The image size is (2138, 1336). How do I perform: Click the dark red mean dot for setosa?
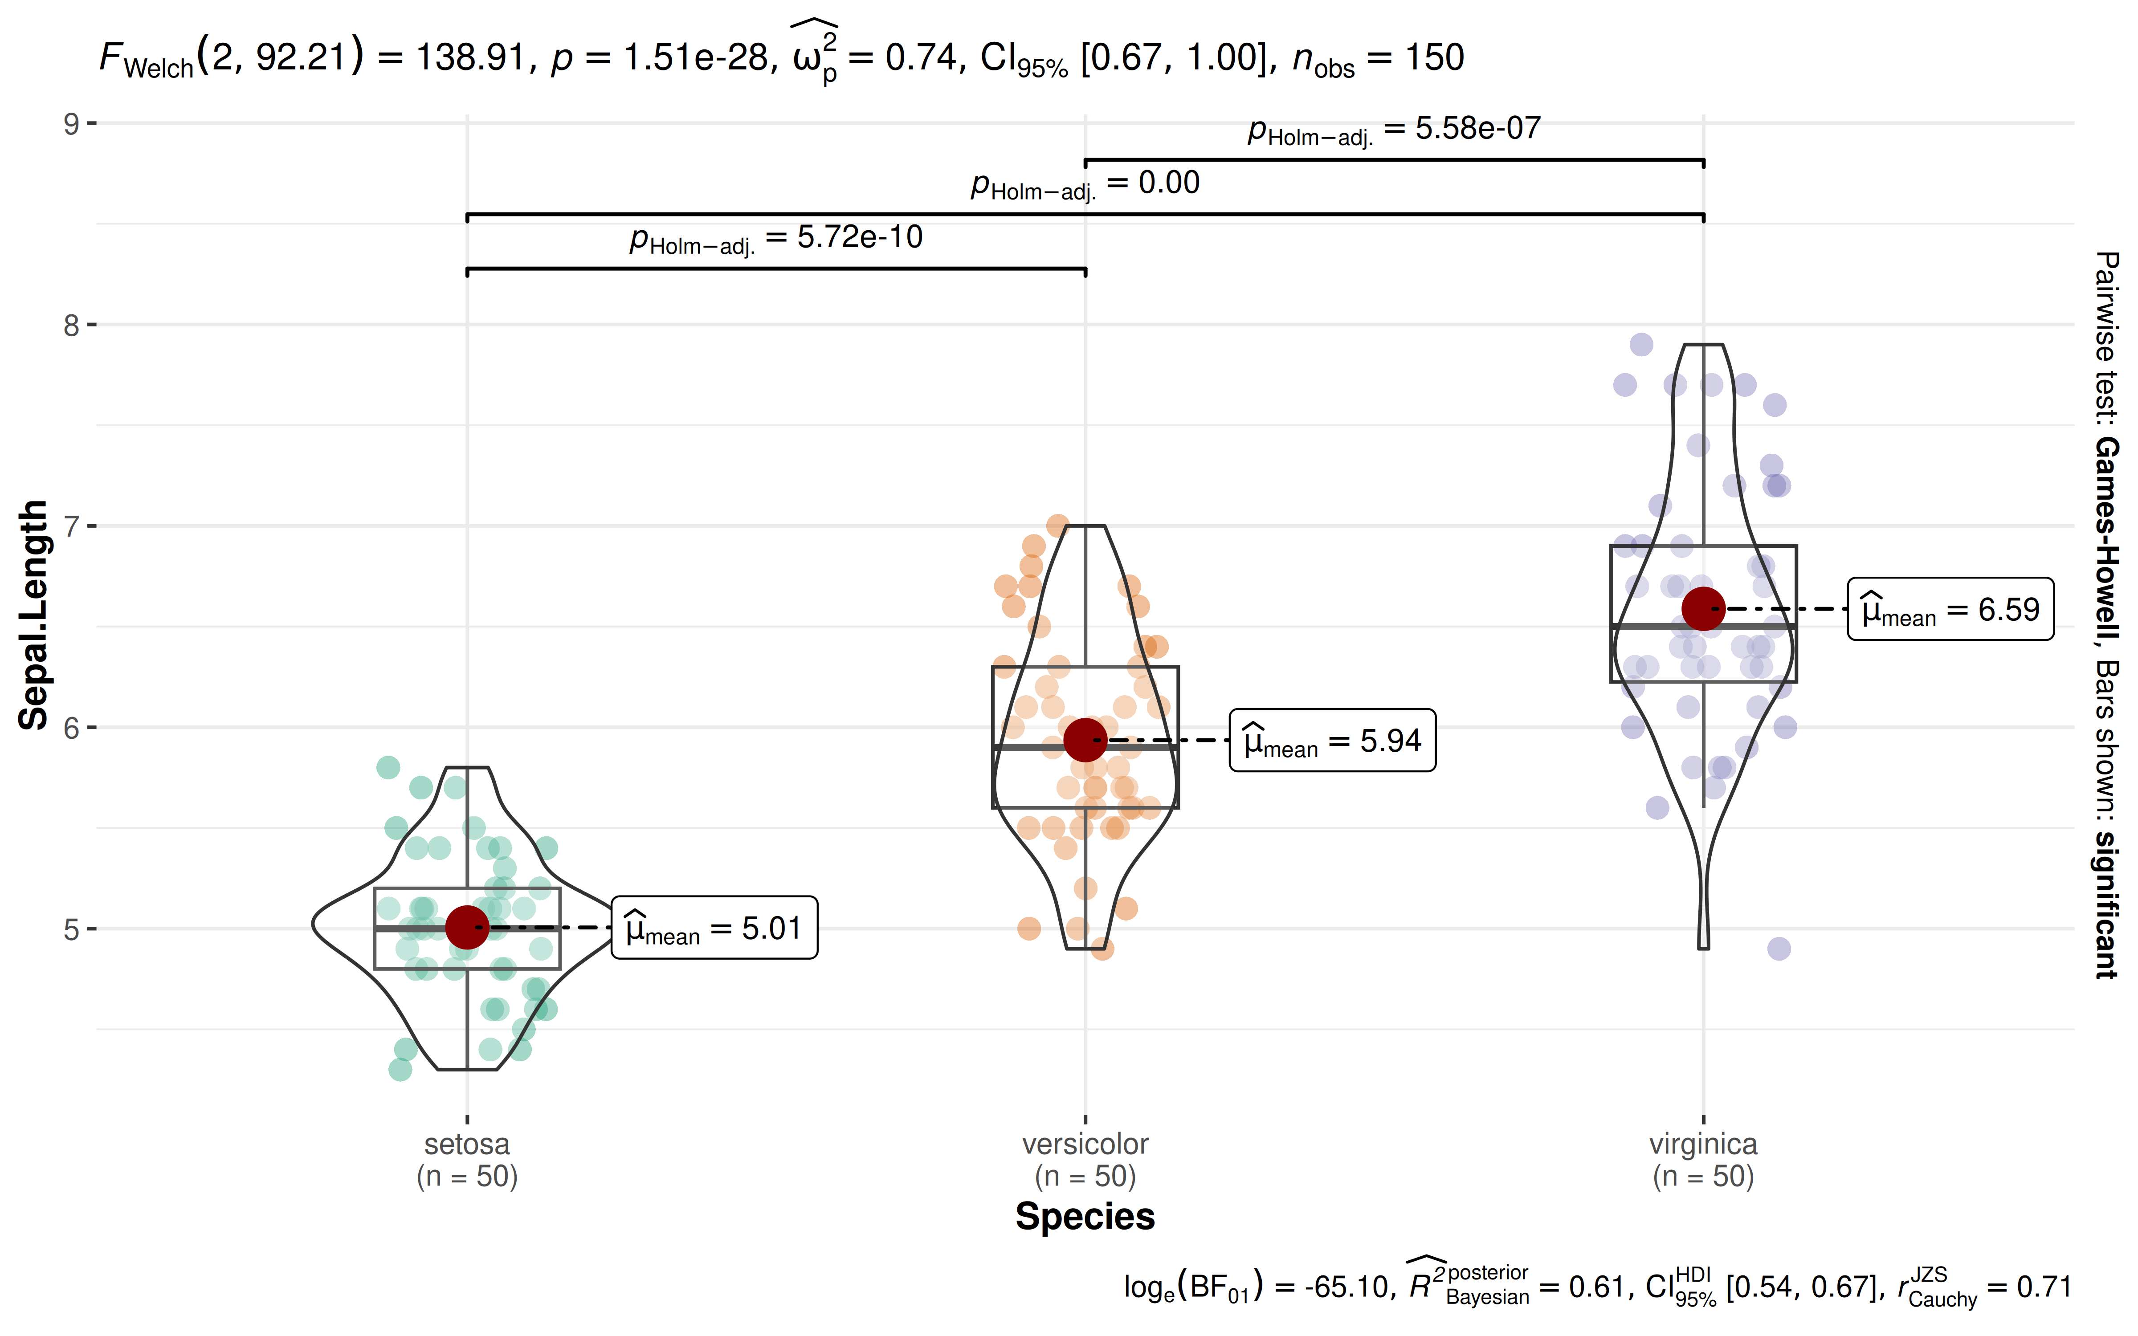[466, 927]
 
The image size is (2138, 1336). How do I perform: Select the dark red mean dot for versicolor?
[1085, 740]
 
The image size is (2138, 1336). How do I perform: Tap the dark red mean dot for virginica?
[1702, 609]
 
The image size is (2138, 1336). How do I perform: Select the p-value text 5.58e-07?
[1394, 129]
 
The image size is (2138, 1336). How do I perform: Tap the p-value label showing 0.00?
[1085, 184]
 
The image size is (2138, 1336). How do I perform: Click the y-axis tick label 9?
[71, 124]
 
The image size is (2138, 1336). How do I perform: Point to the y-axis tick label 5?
[71, 929]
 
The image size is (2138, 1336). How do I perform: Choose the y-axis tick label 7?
[71, 527]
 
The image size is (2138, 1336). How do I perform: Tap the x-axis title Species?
[1085, 1217]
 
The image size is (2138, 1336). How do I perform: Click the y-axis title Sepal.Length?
[33, 615]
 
